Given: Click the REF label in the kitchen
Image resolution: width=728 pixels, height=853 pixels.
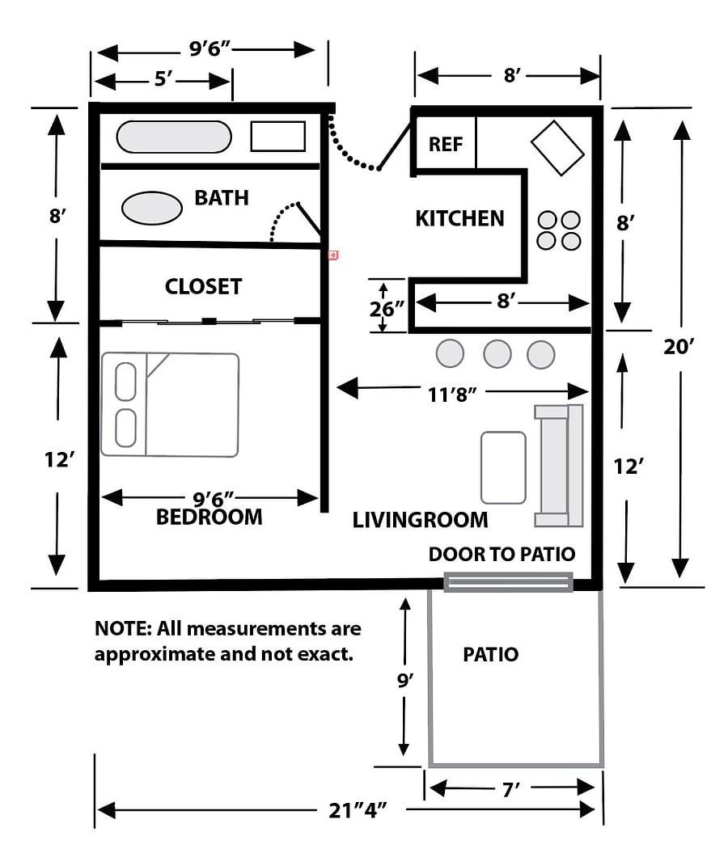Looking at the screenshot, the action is [x=446, y=144].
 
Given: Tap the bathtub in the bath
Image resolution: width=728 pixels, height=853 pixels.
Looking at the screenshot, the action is [x=174, y=137].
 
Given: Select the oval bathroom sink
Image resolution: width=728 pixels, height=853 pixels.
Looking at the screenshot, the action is [x=152, y=208].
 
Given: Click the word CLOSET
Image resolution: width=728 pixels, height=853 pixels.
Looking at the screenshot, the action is [x=204, y=287].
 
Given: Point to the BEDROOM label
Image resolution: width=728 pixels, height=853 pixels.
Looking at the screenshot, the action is [x=210, y=517].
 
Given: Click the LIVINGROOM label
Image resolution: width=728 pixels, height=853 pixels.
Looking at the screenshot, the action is [x=420, y=520].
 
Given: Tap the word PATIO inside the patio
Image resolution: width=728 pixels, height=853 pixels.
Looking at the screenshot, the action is [x=491, y=654].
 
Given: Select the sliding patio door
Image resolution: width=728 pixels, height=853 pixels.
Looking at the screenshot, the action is [x=508, y=582].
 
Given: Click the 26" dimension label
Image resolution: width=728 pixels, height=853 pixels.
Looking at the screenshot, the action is [x=387, y=309].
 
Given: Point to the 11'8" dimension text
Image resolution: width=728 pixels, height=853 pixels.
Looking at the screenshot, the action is [x=452, y=395].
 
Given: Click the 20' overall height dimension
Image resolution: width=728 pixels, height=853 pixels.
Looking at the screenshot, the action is [x=679, y=347].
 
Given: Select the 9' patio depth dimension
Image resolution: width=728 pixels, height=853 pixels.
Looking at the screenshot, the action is [x=404, y=680].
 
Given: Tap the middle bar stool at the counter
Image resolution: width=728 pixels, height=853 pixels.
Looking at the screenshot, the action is [x=497, y=354].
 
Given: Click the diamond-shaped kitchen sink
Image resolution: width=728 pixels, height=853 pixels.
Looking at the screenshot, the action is [x=557, y=148].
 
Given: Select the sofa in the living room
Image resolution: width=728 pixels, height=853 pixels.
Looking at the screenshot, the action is [x=559, y=466].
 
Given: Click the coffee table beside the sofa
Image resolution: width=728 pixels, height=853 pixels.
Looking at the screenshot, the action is [x=503, y=468].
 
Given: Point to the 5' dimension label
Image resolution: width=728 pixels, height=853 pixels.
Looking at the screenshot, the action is [x=163, y=79].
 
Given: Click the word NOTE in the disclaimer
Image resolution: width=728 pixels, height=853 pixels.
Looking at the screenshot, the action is [x=122, y=629].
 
